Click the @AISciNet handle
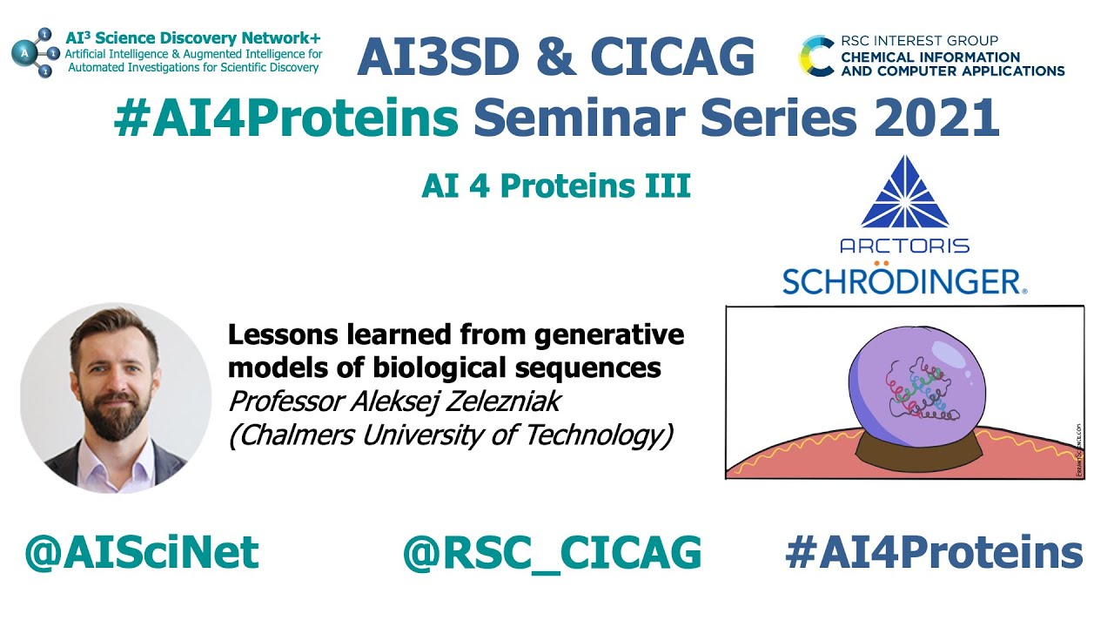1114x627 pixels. tap(142, 553)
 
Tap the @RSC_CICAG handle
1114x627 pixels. tap(552, 553)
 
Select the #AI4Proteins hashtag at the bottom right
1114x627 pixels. tap(934, 553)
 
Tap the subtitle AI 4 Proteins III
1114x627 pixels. tap(556, 186)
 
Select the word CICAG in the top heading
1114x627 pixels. tap(672, 57)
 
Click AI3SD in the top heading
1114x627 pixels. tap(440, 57)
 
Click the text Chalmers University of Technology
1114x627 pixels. tap(451, 435)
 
